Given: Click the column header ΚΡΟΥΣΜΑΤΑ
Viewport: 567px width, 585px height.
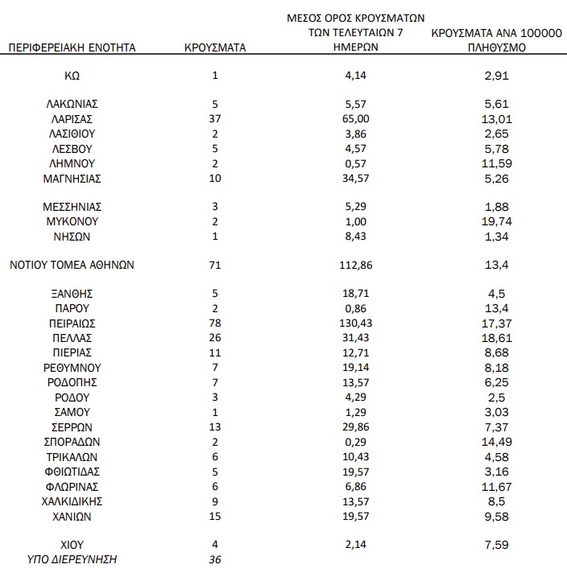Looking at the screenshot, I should (215, 47).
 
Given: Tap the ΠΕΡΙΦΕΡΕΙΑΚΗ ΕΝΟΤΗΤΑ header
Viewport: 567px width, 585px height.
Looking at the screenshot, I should (72, 47).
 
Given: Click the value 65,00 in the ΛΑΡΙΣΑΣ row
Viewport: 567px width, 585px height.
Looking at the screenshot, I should (355, 119).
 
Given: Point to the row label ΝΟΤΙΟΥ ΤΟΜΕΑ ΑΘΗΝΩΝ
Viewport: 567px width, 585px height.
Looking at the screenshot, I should (72, 265).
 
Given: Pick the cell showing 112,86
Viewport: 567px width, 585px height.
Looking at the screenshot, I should (355, 265).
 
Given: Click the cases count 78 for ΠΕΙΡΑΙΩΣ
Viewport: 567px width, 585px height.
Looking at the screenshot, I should (214, 323).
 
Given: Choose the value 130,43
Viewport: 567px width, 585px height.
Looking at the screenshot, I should (355, 323).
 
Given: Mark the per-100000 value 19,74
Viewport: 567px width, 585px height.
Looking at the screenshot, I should (500, 221).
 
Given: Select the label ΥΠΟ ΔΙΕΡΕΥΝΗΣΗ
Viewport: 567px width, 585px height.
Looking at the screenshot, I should (72, 559).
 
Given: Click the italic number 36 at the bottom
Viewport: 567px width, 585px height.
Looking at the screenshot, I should (214, 559).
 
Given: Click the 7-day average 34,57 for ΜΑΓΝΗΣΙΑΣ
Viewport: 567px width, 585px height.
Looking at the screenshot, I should (355, 178).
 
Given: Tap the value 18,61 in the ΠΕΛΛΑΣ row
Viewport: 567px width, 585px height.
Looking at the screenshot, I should (500, 337).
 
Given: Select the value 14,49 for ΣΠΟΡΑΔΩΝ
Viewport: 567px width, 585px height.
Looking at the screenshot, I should (500, 442).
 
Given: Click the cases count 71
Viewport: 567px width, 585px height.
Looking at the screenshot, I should (214, 265).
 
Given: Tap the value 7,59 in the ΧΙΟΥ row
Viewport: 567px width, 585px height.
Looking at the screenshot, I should (500, 545).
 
